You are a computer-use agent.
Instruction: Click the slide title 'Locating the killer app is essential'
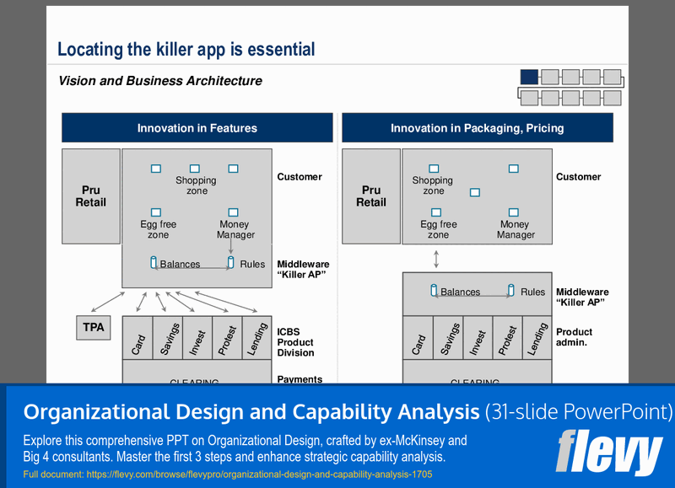click(x=186, y=50)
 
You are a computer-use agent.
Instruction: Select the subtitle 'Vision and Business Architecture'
click(x=160, y=82)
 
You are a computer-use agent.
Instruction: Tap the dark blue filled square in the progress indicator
click(x=529, y=77)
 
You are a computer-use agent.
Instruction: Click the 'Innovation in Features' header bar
click(x=197, y=128)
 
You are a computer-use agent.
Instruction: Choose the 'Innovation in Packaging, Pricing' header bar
click(x=477, y=128)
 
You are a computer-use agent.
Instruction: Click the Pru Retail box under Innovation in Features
click(x=91, y=196)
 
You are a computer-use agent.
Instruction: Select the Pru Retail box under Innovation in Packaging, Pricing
click(x=371, y=196)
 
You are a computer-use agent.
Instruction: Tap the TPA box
click(x=94, y=327)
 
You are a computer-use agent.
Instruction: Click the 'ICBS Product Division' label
click(x=294, y=342)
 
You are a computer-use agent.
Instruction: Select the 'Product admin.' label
click(x=574, y=337)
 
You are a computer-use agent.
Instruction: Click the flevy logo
click(x=608, y=453)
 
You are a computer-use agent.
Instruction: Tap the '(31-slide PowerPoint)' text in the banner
click(x=579, y=412)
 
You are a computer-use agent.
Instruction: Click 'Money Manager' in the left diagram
click(x=235, y=230)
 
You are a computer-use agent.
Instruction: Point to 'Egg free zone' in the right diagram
click(x=439, y=229)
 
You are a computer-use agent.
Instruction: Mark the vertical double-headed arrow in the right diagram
click(x=435, y=258)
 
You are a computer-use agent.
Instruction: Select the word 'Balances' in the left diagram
click(x=180, y=264)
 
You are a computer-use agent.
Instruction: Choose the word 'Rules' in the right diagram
click(x=532, y=292)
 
